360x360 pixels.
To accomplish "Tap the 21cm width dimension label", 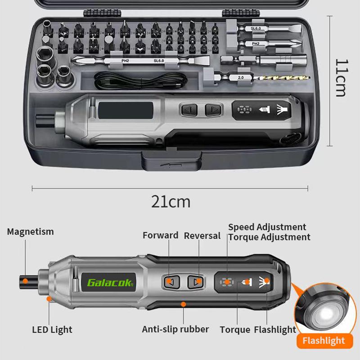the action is pos(171,202).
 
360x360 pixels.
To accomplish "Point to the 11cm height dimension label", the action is pos(342,78).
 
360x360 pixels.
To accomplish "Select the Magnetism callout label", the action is pos(30,232).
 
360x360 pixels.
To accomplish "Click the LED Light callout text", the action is pos(52,330).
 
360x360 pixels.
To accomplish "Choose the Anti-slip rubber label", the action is pos(175,329).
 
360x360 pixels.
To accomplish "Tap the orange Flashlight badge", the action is pos(324,341).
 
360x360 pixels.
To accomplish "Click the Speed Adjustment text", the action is pos(267,227).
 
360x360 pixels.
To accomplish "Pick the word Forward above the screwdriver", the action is pos(161,235).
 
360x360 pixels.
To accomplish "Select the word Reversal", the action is pos(202,236).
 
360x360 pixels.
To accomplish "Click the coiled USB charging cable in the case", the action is pos(140,81).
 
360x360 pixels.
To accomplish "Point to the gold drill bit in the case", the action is pos(281,78).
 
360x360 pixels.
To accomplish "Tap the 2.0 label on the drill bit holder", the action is pos(241,77).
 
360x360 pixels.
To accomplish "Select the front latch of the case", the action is pos(171,161).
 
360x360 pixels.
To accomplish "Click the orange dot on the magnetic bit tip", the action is pos(25,281).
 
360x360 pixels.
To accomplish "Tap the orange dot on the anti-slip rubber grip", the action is pos(183,304).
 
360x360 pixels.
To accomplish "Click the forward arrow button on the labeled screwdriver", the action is pos(172,282).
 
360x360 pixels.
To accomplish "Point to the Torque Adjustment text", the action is pos(269,237).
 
